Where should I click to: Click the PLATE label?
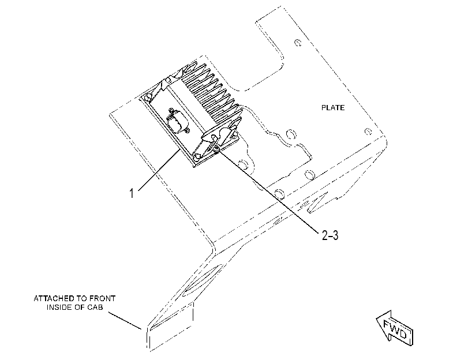pos(333,107)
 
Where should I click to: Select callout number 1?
pos(132,193)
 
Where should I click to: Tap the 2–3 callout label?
pos(330,235)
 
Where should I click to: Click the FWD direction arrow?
pos(395,328)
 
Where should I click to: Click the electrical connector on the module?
pos(178,121)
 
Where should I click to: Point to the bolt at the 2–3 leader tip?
pos(217,149)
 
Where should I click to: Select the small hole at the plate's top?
pos(298,43)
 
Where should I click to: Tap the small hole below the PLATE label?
pos(368,132)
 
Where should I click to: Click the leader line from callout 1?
pos(159,170)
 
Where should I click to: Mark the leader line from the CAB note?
pos(125,321)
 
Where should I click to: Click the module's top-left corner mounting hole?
pos(148,97)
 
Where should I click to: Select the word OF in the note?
pos(80,307)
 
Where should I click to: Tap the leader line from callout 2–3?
pos(268,191)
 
